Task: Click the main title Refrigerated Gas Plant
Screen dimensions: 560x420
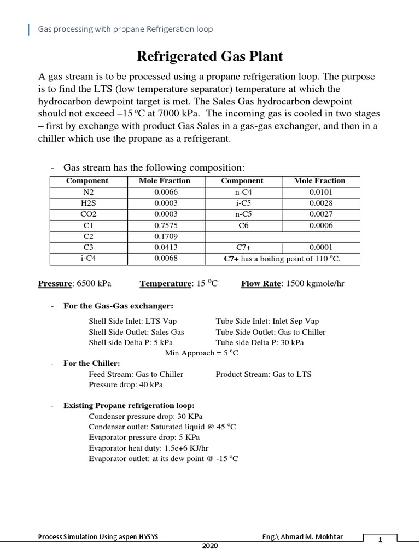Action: click(209, 56)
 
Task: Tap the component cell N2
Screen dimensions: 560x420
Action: click(87, 192)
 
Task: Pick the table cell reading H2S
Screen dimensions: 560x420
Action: click(87, 203)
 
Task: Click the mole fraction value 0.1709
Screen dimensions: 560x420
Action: click(166, 237)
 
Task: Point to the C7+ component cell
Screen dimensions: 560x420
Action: click(243, 247)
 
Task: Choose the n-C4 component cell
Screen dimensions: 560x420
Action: click(243, 192)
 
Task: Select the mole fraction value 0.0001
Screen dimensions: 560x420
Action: click(320, 247)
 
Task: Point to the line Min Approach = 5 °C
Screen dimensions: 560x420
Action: click(202, 353)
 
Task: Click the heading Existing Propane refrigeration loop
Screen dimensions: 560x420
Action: click(129, 406)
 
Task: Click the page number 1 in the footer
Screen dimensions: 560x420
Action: click(379, 539)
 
